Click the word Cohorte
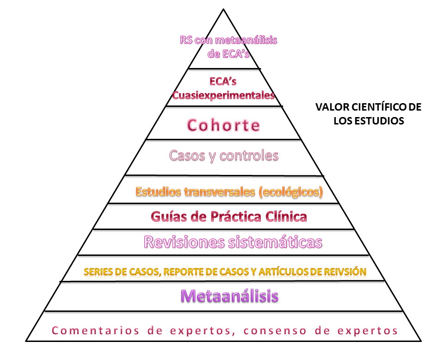[223, 125]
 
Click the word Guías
[166, 216]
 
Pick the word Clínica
[286, 216]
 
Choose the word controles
[250, 155]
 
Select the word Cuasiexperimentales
[223, 95]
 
